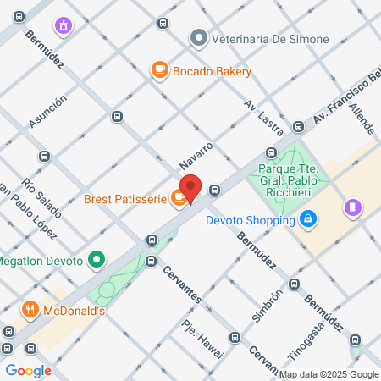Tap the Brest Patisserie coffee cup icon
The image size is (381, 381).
pos(178,198)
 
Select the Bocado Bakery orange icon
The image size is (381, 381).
pos(158,71)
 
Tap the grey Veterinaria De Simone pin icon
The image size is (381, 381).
pos(198,38)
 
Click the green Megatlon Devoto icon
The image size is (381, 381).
pos(98,258)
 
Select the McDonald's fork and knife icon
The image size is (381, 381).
pos(30,310)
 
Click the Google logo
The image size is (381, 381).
pos(28,370)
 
